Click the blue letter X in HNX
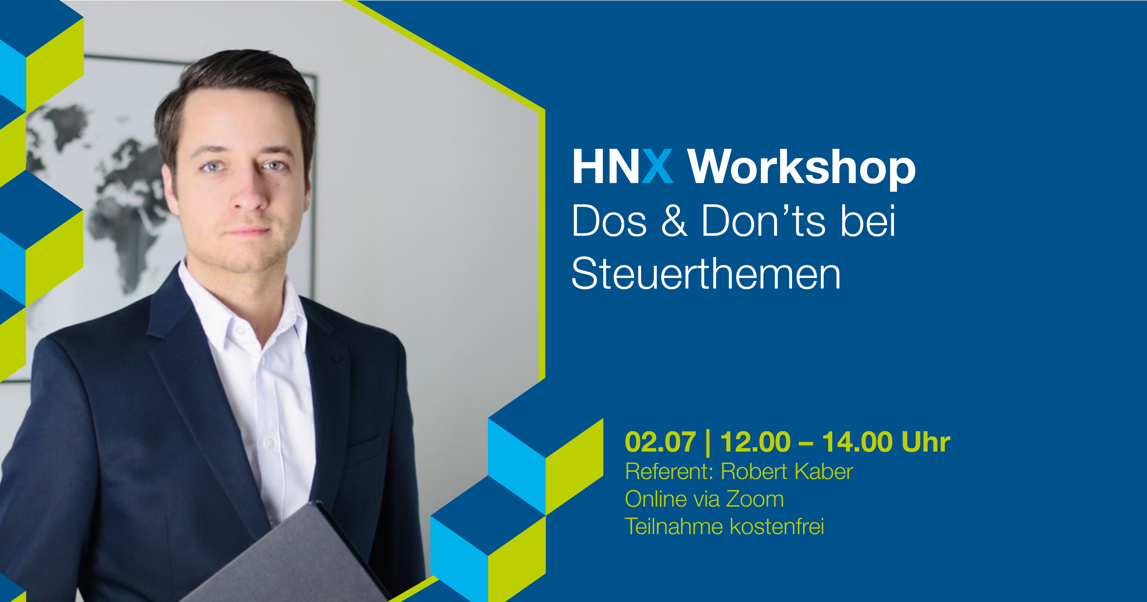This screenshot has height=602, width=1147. pyautogui.click(x=657, y=166)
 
